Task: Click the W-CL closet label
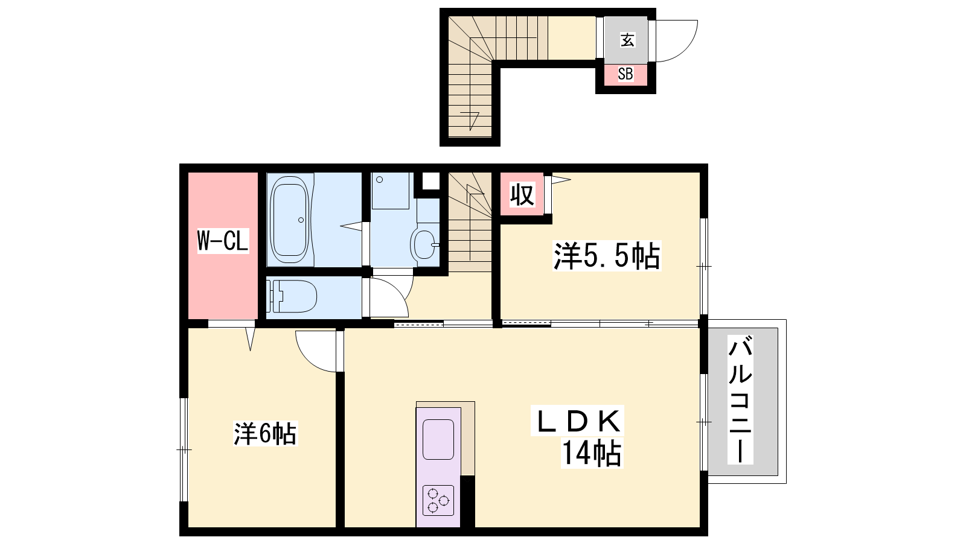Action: click(x=223, y=241)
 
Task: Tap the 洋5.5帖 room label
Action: click(x=607, y=256)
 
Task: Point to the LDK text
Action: click(x=577, y=421)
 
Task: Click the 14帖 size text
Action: click(x=591, y=453)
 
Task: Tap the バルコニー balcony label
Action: click(x=740, y=399)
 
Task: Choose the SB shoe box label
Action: click(x=625, y=74)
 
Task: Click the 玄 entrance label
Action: click(x=627, y=40)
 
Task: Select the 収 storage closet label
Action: click(x=522, y=194)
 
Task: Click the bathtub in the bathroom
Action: click(x=290, y=220)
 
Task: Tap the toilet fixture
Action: click(x=292, y=296)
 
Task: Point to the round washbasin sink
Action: click(x=424, y=244)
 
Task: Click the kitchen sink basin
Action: click(x=438, y=440)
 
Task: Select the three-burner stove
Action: click(x=438, y=500)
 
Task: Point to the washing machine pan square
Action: click(x=390, y=191)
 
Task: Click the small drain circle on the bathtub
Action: click(x=301, y=220)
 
